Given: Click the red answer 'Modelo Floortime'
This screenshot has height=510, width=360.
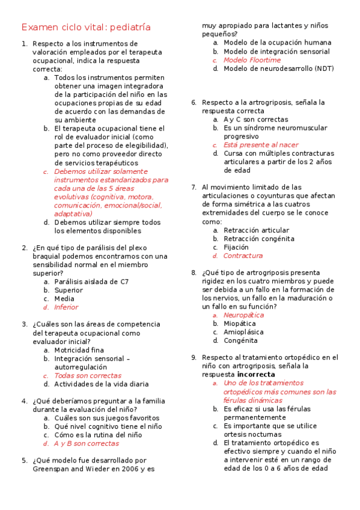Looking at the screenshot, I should point(252,60).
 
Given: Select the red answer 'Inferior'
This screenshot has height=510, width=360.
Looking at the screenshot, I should point(66,307).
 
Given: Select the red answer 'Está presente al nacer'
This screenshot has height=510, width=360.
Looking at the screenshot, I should point(261,145).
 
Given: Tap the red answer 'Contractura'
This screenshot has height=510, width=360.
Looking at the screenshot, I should point(243,256).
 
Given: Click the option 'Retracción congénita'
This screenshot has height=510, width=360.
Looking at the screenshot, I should point(258,239).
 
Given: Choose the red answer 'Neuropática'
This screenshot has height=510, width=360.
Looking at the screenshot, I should point(243,315).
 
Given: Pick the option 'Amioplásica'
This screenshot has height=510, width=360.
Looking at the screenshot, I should point(243,332).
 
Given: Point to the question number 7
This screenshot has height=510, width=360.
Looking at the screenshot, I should point(194,187).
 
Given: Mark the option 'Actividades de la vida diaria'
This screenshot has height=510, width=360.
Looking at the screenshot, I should point(100,384).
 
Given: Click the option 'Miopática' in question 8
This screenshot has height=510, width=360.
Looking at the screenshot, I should point(239,324).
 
